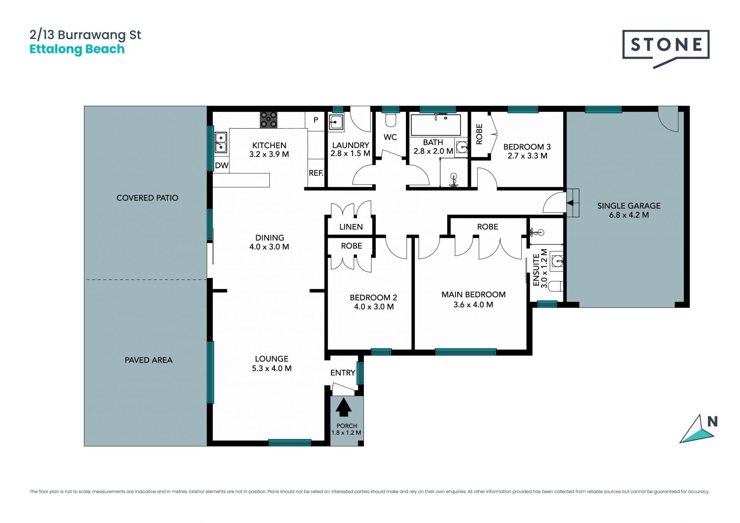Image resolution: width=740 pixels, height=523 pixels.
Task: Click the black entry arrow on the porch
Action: [x=343, y=407]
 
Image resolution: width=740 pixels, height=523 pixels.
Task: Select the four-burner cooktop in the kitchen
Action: [x=268, y=120]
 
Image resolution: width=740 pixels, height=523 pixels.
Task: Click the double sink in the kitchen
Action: [x=221, y=142]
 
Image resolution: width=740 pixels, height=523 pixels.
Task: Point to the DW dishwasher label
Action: [x=222, y=166]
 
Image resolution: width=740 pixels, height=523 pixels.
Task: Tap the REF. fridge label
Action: [x=316, y=173]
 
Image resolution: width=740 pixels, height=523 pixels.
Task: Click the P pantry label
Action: [x=316, y=120]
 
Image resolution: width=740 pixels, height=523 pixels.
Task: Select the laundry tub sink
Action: [x=336, y=123]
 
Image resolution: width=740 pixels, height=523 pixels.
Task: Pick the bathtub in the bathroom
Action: [x=436, y=124]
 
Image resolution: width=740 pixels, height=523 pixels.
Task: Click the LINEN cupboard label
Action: [x=351, y=227]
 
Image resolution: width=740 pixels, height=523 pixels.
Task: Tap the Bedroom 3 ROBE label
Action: [x=479, y=134]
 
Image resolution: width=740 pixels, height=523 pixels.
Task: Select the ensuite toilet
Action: [x=555, y=286]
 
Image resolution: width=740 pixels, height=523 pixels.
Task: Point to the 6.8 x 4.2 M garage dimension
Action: [x=629, y=215]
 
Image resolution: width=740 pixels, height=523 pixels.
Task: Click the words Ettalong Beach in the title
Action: [x=77, y=49]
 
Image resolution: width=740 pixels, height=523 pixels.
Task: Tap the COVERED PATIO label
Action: [x=147, y=198]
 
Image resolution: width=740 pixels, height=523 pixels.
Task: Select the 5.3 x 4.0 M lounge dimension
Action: [x=272, y=368]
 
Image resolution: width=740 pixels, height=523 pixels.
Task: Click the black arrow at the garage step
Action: [x=570, y=203]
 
